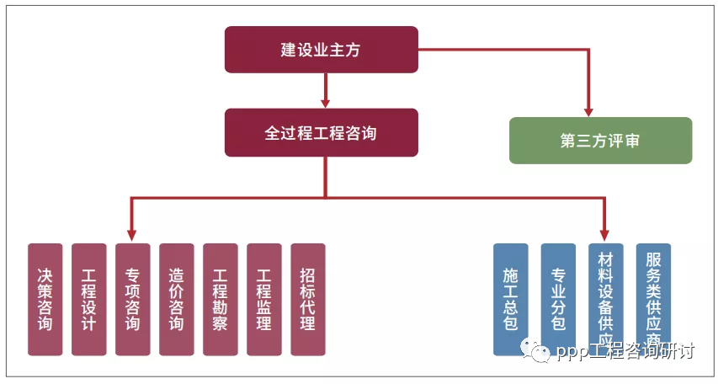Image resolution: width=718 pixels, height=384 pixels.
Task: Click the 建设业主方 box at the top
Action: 321,50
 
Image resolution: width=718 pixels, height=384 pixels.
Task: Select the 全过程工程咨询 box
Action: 321,132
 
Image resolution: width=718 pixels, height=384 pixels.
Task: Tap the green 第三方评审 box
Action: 600,140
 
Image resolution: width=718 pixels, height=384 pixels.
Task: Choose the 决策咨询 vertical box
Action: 45,299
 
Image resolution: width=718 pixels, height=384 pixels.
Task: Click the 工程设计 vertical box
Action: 89,299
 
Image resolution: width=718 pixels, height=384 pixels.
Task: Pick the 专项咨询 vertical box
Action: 133,299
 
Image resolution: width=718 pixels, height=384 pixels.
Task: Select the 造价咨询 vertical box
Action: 177,299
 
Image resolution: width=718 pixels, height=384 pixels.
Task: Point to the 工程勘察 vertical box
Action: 221,299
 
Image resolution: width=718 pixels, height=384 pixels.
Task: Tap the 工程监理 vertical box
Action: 264,299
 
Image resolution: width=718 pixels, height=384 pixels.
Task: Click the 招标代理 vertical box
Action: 308,299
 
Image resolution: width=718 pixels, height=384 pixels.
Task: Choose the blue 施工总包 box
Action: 511,299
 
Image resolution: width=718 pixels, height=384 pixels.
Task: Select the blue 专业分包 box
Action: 558,299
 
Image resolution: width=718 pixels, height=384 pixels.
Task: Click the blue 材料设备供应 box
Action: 605,299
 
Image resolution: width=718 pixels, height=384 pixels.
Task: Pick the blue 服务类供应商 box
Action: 653,299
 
